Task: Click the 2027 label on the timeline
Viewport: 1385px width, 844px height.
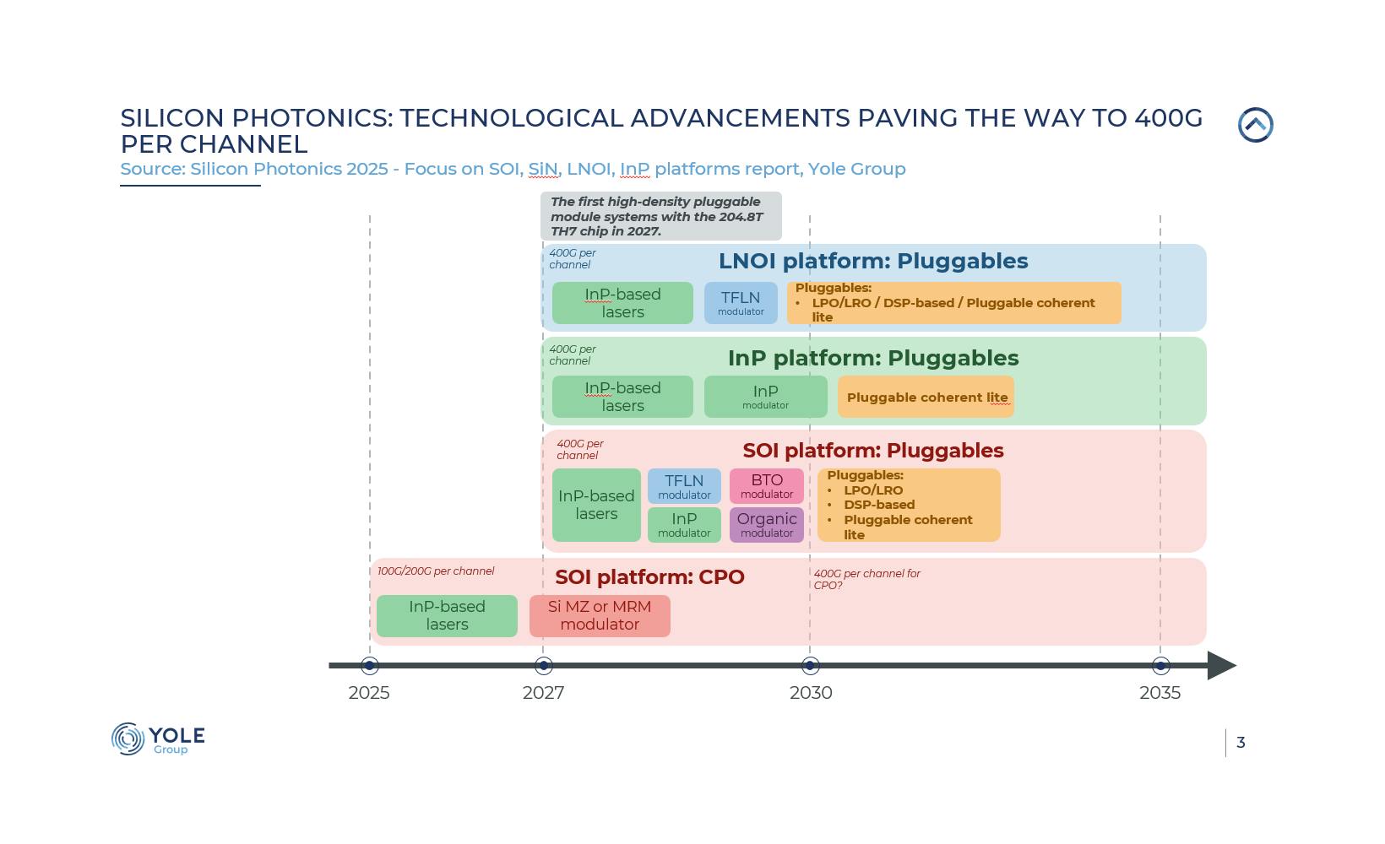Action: [x=543, y=693]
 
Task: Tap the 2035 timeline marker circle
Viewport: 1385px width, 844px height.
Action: [x=1160, y=666]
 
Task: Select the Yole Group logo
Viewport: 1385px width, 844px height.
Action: [x=158, y=739]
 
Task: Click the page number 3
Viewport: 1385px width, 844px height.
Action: [x=1241, y=743]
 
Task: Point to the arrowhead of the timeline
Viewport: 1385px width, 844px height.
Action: [x=1221, y=666]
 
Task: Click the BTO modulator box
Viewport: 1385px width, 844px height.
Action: [x=767, y=486]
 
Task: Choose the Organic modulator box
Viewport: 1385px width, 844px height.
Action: [x=767, y=525]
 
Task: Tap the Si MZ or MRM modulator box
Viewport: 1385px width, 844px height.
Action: [x=600, y=616]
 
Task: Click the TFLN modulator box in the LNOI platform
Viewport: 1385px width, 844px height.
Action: [x=741, y=303]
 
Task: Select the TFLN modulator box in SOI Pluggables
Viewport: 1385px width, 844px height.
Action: [x=684, y=486]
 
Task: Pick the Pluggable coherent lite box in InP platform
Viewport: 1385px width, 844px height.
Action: [x=926, y=397]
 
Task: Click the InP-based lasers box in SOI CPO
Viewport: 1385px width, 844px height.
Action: [x=447, y=616]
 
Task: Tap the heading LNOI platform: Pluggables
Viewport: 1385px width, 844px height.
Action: [x=873, y=262]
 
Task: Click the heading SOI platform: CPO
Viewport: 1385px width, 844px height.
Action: [x=649, y=577]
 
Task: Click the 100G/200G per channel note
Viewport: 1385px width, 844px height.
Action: [x=436, y=571]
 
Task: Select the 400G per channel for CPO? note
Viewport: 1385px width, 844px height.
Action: [x=866, y=579]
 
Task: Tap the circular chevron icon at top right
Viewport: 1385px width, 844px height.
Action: [x=1255, y=125]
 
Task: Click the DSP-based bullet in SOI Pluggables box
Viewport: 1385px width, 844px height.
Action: [x=879, y=505]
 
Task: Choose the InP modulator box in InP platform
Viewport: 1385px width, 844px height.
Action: [x=765, y=397]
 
